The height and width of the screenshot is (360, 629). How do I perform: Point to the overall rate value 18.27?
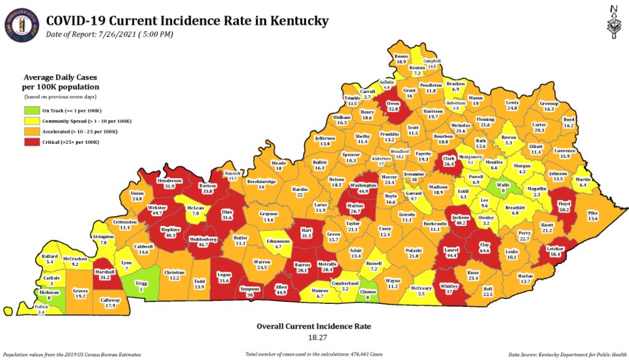[x=313, y=337]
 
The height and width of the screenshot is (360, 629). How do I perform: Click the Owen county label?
[x=394, y=106]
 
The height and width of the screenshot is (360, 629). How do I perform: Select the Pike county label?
[x=592, y=216]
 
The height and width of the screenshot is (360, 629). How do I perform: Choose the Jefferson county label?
[x=325, y=141]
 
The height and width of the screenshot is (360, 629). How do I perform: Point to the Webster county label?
[x=157, y=210]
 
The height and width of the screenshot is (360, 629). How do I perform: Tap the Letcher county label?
[x=555, y=251]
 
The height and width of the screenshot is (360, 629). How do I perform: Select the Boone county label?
[x=402, y=59]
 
